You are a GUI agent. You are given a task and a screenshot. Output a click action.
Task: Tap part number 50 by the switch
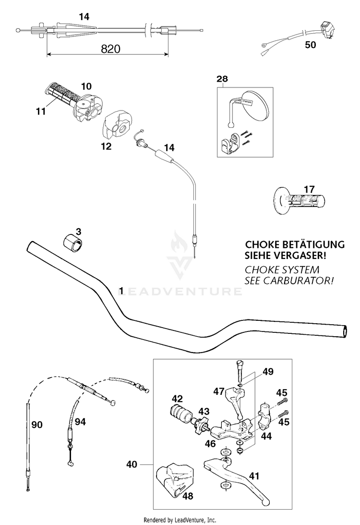coord(311,46)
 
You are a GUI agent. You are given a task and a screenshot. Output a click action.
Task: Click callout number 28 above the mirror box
coord(222,79)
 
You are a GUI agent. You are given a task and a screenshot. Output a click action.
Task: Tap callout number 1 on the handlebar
coord(121,290)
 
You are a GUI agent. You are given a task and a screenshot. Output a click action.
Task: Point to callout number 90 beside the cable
coord(37,425)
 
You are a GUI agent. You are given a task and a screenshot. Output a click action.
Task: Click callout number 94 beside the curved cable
coord(80,422)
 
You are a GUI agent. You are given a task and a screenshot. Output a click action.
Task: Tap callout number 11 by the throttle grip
coord(40,111)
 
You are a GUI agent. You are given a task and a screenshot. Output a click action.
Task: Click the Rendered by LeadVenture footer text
coord(180,520)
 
